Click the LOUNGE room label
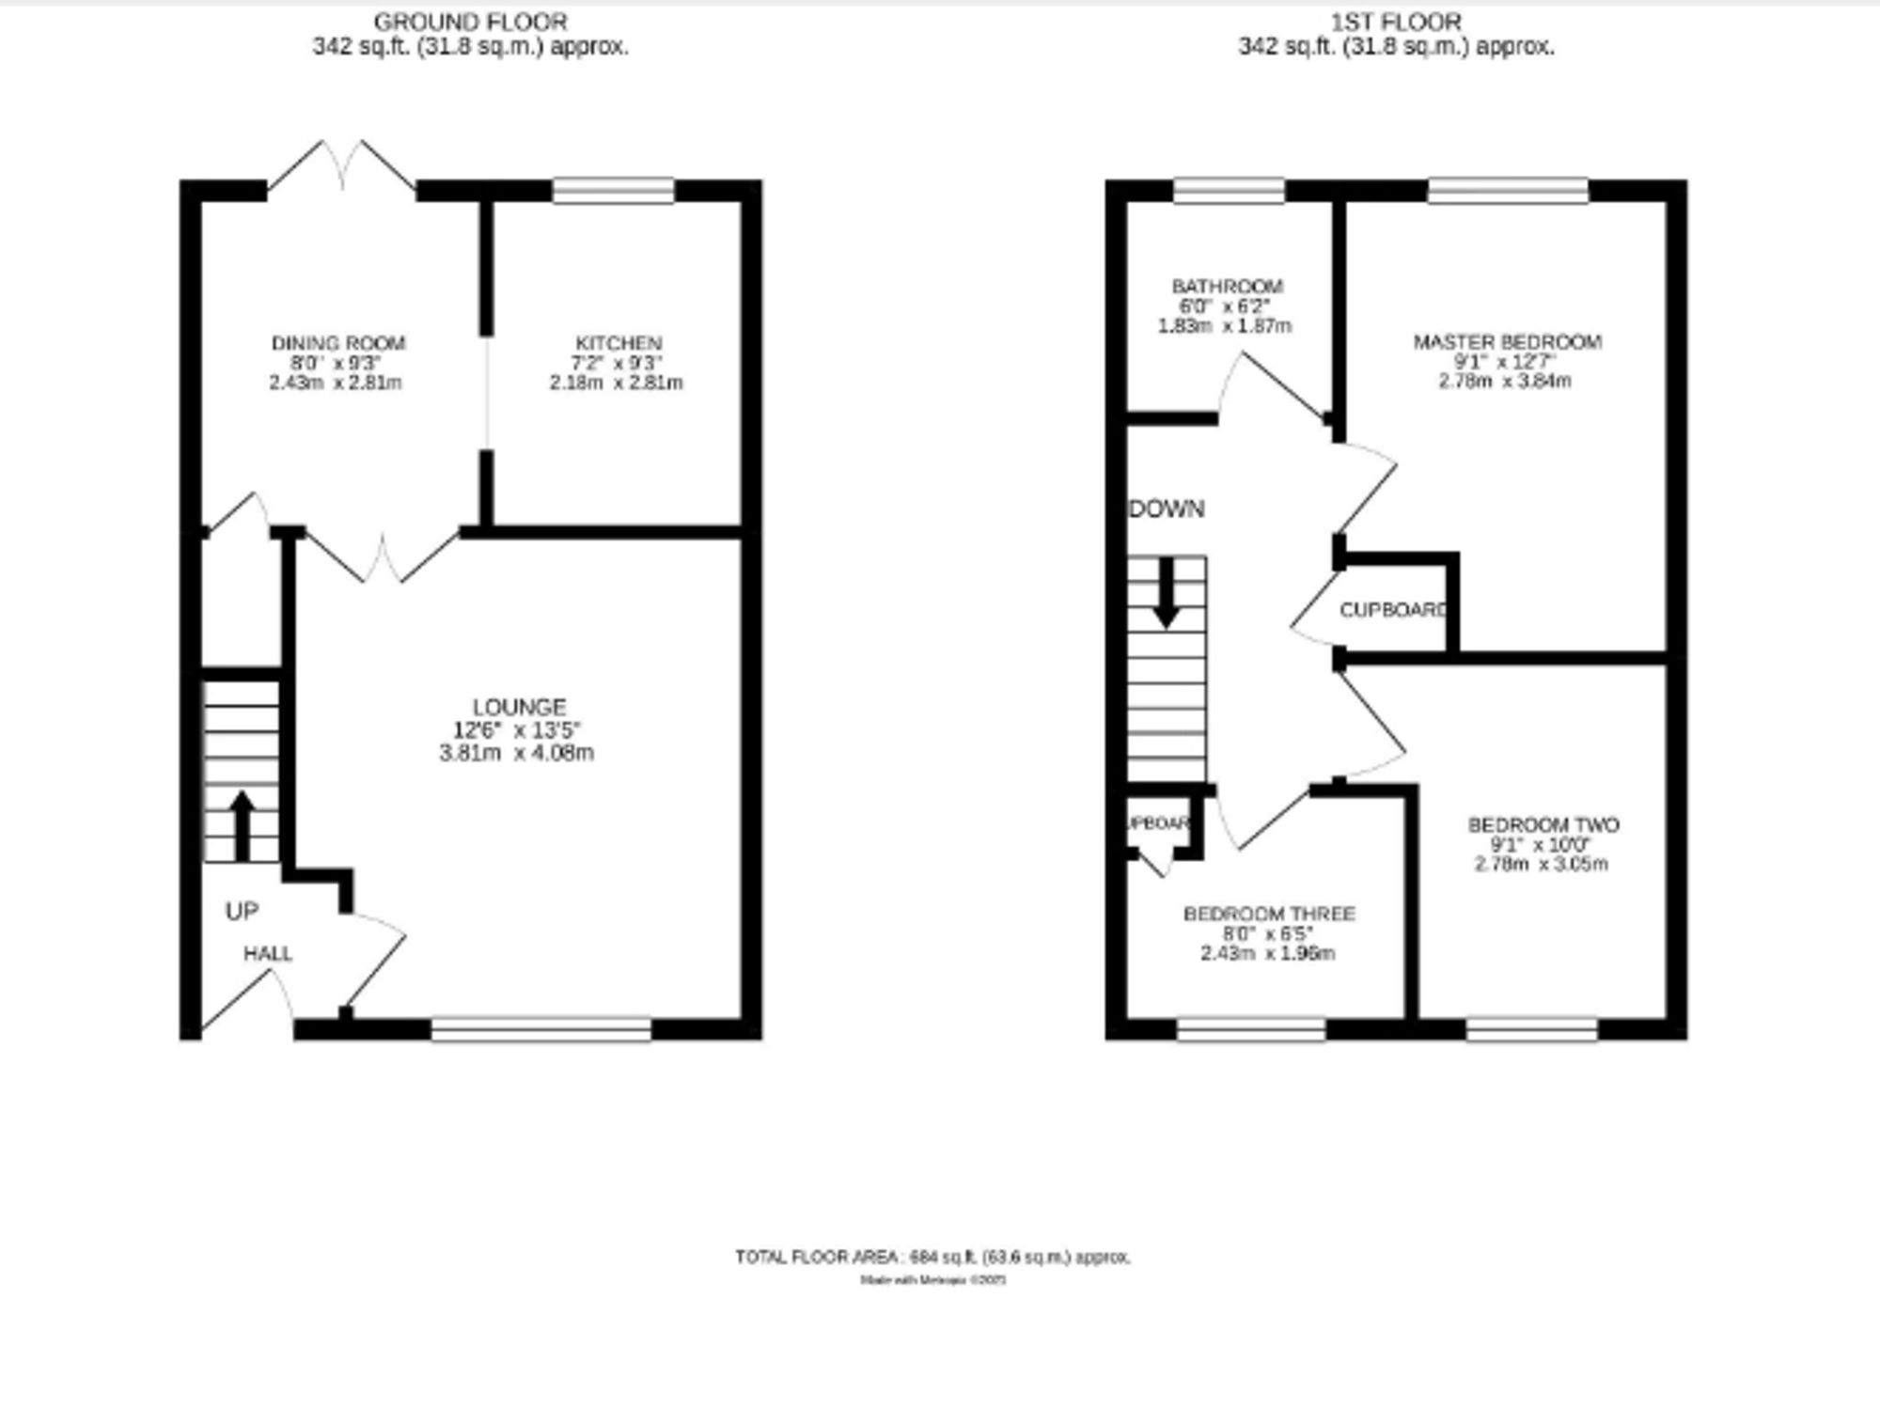pyautogui.click(x=519, y=707)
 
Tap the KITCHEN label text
pyautogui.click(x=619, y=343)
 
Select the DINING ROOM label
pyautogui.click(x=338, y=343)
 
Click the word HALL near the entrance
pyautogui.click(x=268, y=954)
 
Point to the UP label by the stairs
pyautogui.click(x=242, y=911)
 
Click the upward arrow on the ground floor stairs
pyautogui.click(x=243, y=821)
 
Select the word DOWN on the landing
pyautogui.click(x=1167, y=508)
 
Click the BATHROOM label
pyautogui.click(x=1227, y=286)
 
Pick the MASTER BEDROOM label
pyautogui.click(x=1507, y=342)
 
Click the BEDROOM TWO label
pyautogui.click(x=1543, y=825)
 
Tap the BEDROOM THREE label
pyautogui.click(x=1269, y=914)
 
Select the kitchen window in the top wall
pyautogui.click(x=613, y=191)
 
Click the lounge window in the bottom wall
pyautogui.click(x=541, y=1030)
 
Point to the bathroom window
pyautogui.click(x=1229, y=191)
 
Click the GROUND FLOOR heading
pyautogui.click(x=470, y=22)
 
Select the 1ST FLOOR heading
pyautogui.click(x=1396, y=22)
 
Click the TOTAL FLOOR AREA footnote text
pyautogui.click(x=932, y=1257)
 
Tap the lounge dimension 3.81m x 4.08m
pyautogui.click(x=516, y=753)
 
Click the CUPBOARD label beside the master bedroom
pyautogui.click(x=1393, y=610)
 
